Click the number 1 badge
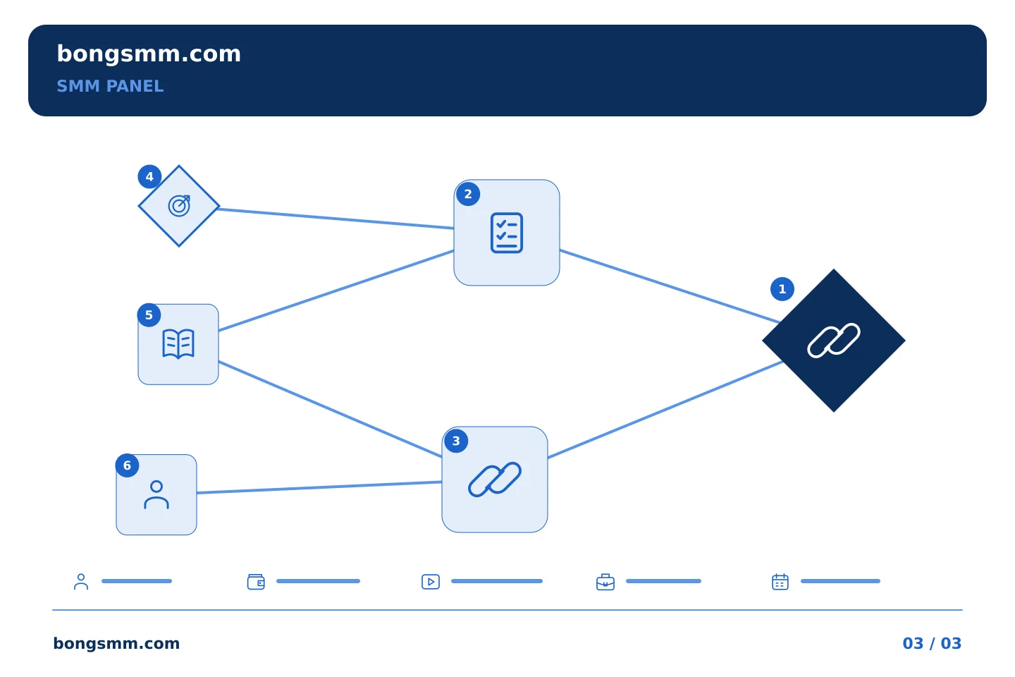click(782, 289)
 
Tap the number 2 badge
click(468, 194)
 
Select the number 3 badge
click(456, 441)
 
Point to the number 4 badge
click(149, 176)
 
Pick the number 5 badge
click(149, 315)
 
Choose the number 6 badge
click(128, 465)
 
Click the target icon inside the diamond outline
click(180, 206)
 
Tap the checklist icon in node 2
click(507, 233)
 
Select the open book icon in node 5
click(178, 344)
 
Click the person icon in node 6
click(156, 495)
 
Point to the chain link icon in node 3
click(495, 480)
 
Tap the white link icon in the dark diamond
click(834, 341)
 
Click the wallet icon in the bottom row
click(256, 582)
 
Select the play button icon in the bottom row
click(431, 582)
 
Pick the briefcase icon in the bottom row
click(605, 582)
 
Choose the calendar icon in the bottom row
click(780, 582)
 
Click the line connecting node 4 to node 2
click(336, 219)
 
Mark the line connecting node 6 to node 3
click(319, 487)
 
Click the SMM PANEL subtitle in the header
click(110, 86)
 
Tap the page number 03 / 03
click(932, 643)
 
